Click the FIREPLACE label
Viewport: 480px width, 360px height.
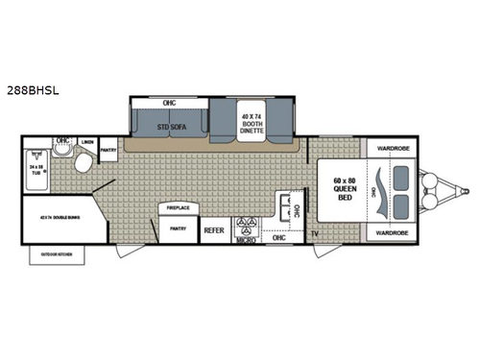click(178, 208)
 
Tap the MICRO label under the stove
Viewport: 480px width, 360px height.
click(245, 238)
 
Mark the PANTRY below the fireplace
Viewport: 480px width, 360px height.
click(178, 228)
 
